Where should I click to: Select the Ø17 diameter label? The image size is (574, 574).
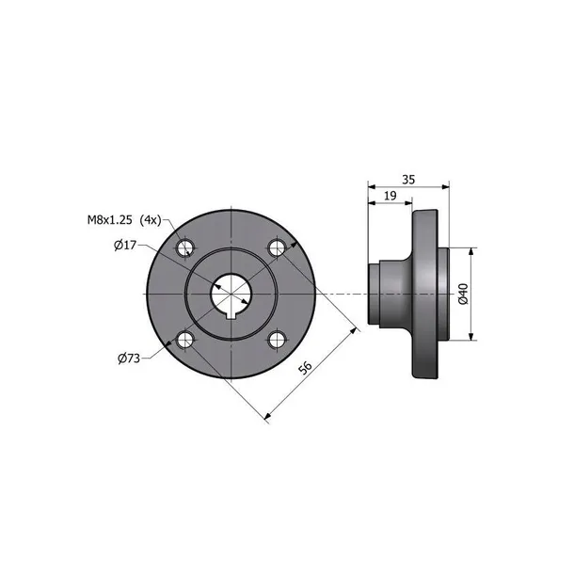point(125,246)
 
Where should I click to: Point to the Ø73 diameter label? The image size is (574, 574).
point(130,358)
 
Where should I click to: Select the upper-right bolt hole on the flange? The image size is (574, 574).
point(276,248)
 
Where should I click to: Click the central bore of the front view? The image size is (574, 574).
point(231,293)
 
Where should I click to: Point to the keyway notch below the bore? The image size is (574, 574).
point(231,316)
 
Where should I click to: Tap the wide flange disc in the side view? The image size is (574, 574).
point(425,294)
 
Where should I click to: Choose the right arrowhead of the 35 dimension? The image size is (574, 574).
point(443,185)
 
